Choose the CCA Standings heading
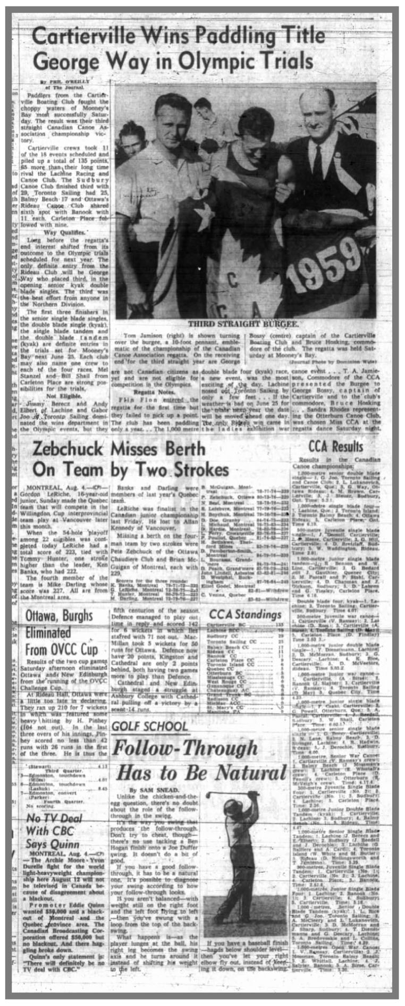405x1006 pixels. point(245,615)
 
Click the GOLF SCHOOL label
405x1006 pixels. point(150,726)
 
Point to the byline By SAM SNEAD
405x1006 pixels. point(148,790)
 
